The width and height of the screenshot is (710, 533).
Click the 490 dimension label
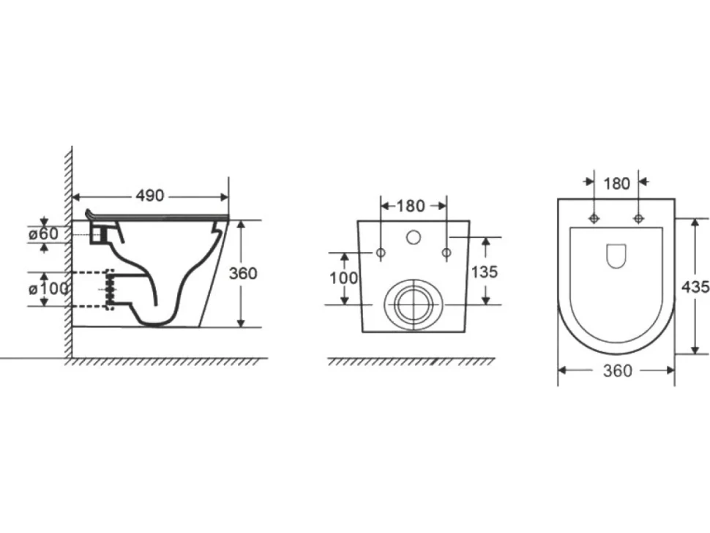tap(150, 195)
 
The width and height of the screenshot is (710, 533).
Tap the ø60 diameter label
tap(43, 234)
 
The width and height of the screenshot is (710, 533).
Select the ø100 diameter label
tap(48, 288)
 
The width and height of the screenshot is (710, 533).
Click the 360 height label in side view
tap(243, 274)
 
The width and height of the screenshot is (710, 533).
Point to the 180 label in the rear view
tap(411, 206)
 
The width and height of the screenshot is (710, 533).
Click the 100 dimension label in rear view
tap(344, 278)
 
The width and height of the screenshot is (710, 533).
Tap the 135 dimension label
tap(485, 272)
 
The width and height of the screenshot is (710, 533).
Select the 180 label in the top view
tap(617, 184)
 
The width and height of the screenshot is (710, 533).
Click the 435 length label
tap(695, 287)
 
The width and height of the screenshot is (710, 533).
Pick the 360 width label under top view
tap(618, 371)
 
